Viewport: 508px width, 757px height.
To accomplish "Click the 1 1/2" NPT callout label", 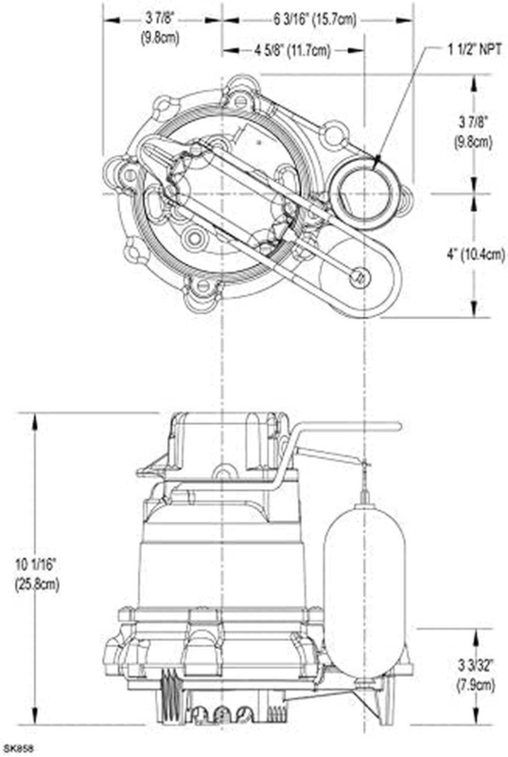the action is click(475, 49).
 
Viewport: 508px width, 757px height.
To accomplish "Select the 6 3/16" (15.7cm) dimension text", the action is click(315, 20).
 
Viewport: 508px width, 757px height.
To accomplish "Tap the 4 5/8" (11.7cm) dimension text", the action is click(293, 50).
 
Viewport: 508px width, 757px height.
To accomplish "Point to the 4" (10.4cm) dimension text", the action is click(476, 255).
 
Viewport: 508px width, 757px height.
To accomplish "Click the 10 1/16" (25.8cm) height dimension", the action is click(37, 574).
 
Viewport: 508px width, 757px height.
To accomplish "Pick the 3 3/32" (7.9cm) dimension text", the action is click(476, 675).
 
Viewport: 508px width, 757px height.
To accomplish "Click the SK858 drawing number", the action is click(17, 748).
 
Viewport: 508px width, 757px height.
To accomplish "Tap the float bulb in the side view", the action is click(364, 589).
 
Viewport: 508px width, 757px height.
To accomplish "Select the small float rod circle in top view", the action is click(359, 277).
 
